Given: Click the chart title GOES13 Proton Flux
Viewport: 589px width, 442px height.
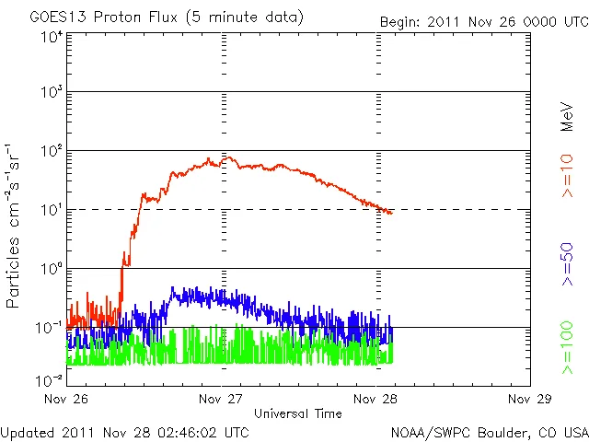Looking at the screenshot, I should tap(154, 17).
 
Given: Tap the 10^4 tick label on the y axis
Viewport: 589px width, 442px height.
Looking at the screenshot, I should tap(51, 37).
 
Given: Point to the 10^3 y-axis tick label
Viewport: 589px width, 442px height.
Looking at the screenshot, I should tap(51, 93).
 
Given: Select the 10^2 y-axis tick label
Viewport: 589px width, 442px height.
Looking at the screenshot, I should tap(51, 151).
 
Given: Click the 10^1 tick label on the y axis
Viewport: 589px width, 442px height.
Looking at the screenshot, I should tap(51, 210).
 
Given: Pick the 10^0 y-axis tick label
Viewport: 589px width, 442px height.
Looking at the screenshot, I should tap(51, 269).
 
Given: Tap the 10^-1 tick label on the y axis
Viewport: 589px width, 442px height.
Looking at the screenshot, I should tap(49, 328).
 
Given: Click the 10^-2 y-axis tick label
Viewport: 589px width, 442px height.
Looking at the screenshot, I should tap(49, 380).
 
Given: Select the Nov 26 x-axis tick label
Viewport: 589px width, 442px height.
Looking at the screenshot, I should tap(66, 399).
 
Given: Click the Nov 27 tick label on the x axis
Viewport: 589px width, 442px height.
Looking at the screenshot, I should tap(221, 399).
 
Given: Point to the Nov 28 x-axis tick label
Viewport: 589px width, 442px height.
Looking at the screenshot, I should tap(375, 399).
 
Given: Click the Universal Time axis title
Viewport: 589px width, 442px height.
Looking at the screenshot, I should tap(298, 413).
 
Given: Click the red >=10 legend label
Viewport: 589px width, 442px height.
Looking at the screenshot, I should tap(567, 178).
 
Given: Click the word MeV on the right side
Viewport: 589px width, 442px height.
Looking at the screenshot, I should tap(567, 116).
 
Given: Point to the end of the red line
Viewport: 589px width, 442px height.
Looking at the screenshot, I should tap(392, 213).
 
